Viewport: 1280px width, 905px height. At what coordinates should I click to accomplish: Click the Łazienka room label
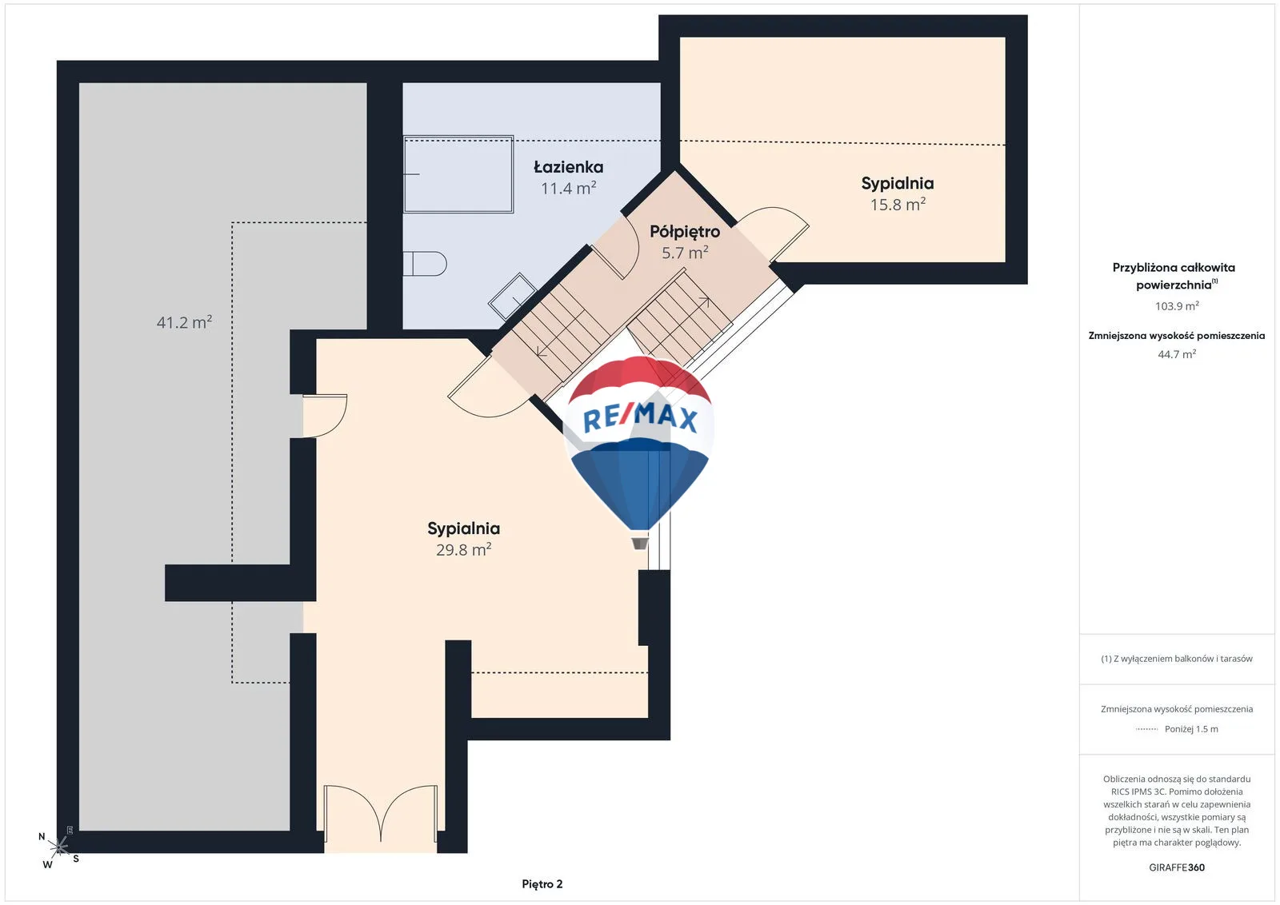click(x=568, y=167)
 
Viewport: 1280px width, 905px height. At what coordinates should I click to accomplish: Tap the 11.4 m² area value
click(x=568, y=188)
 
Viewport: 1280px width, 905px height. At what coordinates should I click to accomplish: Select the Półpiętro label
click(x=685, y=232)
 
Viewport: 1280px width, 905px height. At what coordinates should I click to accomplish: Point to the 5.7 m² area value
click(x=685, y=253)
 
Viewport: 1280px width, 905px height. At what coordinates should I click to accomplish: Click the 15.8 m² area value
click(x=898, y=204)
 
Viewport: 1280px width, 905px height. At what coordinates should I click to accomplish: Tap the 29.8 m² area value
click(x=463, y=549)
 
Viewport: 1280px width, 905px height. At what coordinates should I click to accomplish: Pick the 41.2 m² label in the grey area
click(x=184, y=322)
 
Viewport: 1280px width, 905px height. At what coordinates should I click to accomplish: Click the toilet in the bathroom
click(x=425, y=264)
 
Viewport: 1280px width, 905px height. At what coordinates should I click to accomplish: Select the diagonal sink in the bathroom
click(x=512, y=297)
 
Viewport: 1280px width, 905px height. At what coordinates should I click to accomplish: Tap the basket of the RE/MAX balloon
click(x=640, y=541)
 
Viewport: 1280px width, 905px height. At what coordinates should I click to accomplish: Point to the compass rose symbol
click(x=59, y=848)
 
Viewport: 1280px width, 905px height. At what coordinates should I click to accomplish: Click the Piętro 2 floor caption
click(x=542, y=884)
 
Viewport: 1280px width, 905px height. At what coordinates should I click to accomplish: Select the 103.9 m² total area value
click(x=1177, y=306)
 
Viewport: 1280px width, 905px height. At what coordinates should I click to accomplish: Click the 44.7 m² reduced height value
click(x=1177, y=354)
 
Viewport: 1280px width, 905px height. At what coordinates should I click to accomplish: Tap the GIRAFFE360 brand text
click(x=1177, y=867)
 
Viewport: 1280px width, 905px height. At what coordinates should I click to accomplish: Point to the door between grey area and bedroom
click(x=325, y=416)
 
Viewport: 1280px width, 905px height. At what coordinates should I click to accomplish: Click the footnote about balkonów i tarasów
click(x=1177, y=658)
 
